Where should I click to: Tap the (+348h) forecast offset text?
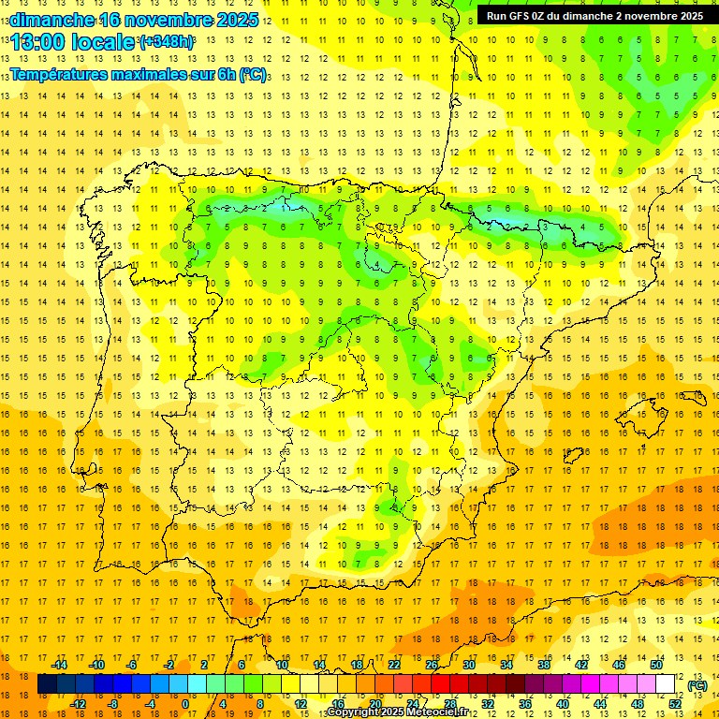pyautogui.click(x=167, y=42)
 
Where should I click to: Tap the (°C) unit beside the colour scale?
pyautogui.click(x=697, y=685)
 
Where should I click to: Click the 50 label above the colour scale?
pyautogui.click(x=656, y=665)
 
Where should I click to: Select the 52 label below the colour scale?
pyautogui.click(x=675, y=703)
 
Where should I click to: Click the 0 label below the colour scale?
pyautogui.click(x=185, y=703)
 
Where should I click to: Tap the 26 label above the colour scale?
pyautogui.click(x=432, y=665)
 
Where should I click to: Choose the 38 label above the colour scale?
pyautogui.click(x=544, y=665)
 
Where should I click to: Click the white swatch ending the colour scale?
pyautogui.click(x=666, y=684)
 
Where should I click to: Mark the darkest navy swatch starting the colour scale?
pyautogui.click(x=48, y=684)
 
